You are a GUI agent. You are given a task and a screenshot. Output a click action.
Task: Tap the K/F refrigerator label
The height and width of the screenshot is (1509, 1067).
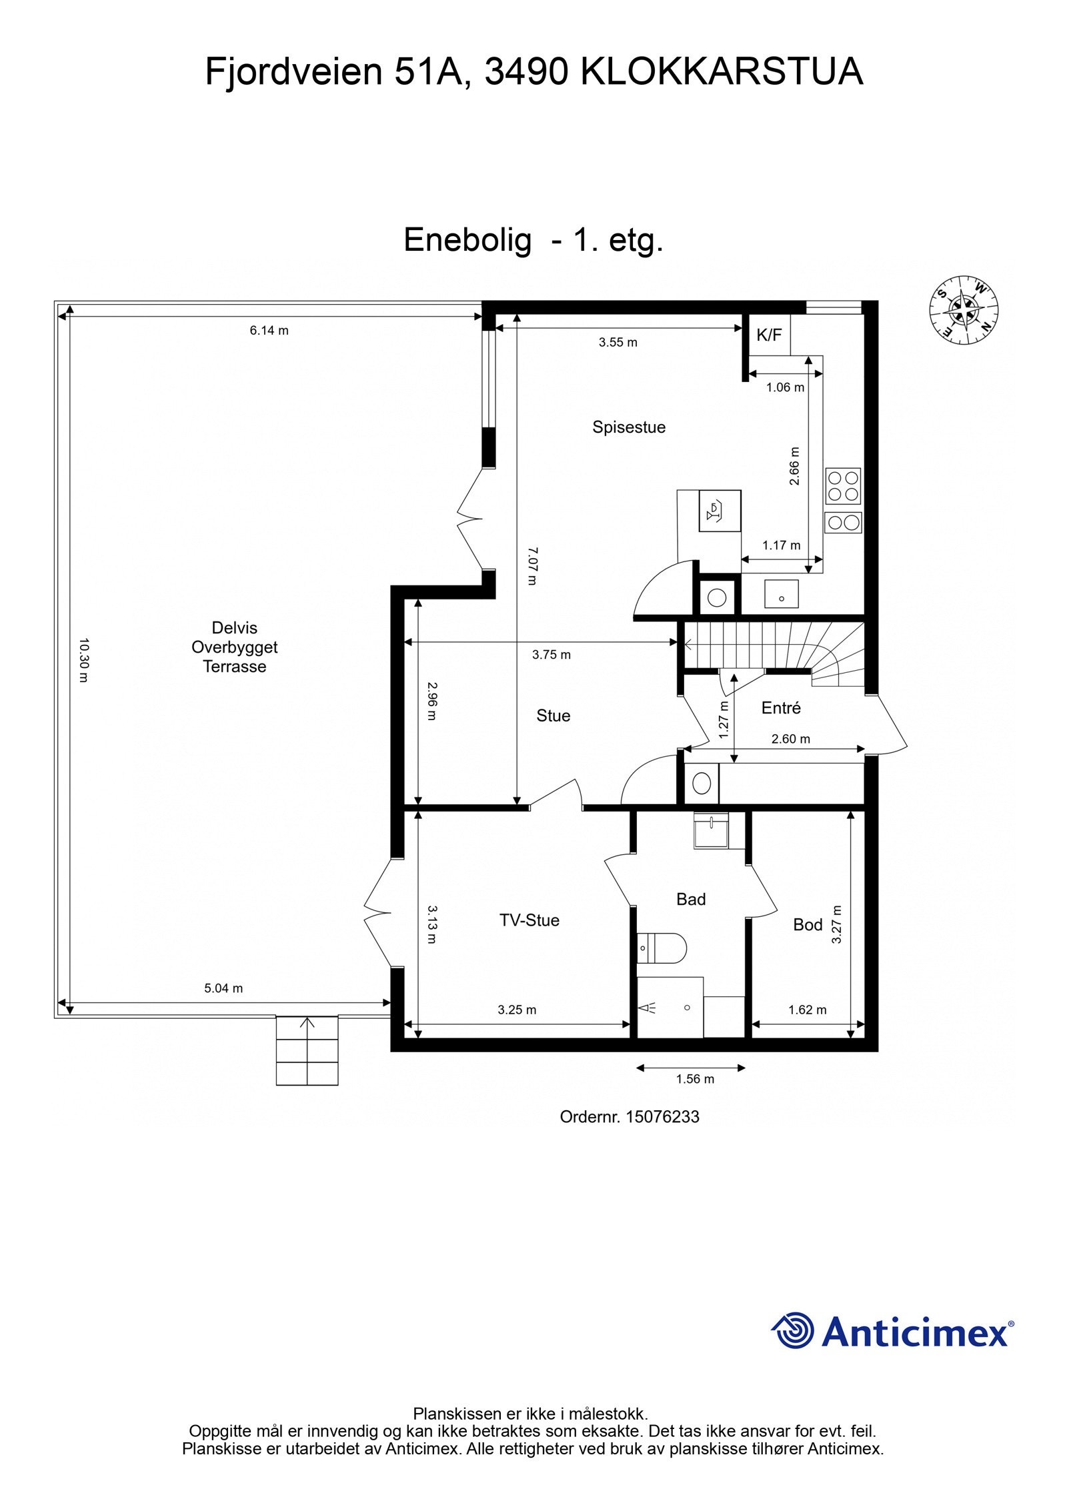click(x=769, y=335)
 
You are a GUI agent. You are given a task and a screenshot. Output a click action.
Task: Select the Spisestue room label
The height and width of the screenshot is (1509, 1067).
click(x=629, y=427)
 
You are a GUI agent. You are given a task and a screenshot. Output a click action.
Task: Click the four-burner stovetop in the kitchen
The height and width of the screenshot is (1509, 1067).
click(x=843, y=486)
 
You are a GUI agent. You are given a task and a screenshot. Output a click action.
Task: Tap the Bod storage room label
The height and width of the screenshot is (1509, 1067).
click(x=808, y=925)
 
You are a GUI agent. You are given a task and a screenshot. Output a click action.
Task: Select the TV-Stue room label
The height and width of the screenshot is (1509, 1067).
click(x=529, y=920)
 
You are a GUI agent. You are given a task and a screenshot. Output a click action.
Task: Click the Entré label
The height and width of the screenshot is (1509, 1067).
click(x=781, y=707)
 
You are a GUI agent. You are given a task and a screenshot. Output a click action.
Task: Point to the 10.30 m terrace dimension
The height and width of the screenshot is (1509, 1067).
click(x=83, y=660)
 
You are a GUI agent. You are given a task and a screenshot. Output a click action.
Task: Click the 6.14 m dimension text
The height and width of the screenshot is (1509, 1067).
click(x=269, y=330)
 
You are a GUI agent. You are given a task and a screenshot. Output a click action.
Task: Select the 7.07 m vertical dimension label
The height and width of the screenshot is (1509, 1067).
click(x=531, y=566)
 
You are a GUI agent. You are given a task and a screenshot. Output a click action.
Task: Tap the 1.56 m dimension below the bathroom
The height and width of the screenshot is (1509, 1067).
click(x=695, y=1079)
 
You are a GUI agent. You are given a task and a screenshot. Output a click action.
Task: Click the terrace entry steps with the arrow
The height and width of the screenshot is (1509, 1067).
click(x=307, y=1050)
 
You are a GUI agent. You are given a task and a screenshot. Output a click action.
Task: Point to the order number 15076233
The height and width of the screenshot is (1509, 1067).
click(x=630, y=1116)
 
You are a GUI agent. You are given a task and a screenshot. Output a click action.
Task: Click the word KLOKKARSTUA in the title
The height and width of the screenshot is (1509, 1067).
click(x=722, y=72)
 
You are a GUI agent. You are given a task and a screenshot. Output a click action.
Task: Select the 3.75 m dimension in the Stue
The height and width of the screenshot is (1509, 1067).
click(x=552, y=655)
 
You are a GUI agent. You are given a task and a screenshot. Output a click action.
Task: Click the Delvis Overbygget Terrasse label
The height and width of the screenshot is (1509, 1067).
click(x=235, y=647)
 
